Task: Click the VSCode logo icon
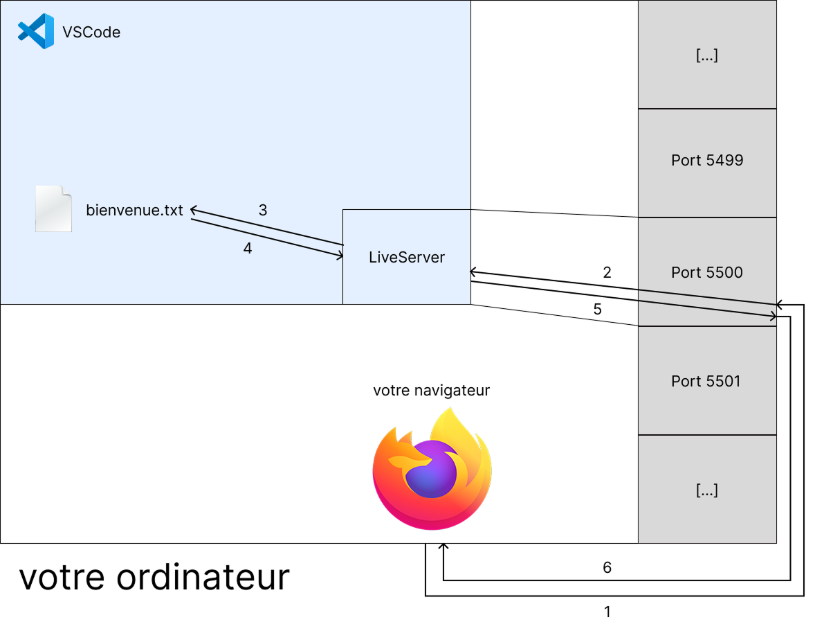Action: click(x=36, y=32)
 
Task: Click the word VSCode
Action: click(x=91, y=33)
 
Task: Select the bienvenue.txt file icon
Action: click(x=53, y=208)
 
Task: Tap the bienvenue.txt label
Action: click(x=135, y=210)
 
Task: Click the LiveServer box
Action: click(x=407, y=257)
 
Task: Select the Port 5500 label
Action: click(x=707, y=273)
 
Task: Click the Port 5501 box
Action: click(x=707, y=380)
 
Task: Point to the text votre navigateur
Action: click(x=432, y=391)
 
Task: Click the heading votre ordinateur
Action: click(x=154, y=577)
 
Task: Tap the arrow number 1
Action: click(x=607, y=612)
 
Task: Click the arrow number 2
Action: click(x=607, y=272)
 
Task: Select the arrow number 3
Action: click(x=263, y=210)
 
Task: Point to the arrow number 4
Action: click(x=248, y=249)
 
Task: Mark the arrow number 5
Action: click(x=598, y=310)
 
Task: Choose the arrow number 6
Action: click(x=607, y=568)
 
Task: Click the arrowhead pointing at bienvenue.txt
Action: click(x=194, y=209)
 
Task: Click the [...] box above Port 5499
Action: click(x=707, y=55)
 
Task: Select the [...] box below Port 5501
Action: click(x=707, y=490)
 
